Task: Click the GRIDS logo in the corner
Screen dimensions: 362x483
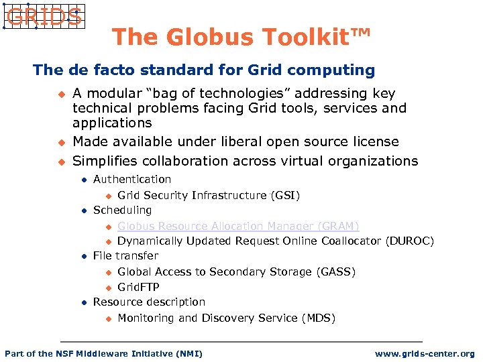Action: (43, 16)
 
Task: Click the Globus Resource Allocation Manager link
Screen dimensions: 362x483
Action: (238, 226)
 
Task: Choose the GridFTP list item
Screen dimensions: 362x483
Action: (138, 287)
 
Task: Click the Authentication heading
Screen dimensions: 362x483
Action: (132, 179)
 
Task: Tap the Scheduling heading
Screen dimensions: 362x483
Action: (123, 210)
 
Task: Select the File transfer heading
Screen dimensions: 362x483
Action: (126, 255)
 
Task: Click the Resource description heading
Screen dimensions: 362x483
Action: (149, 302)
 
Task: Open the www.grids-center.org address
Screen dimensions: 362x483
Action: (425, 353)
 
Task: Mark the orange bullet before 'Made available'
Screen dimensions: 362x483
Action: (60, 142)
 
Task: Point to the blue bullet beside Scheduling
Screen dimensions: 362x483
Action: (83, 211)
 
